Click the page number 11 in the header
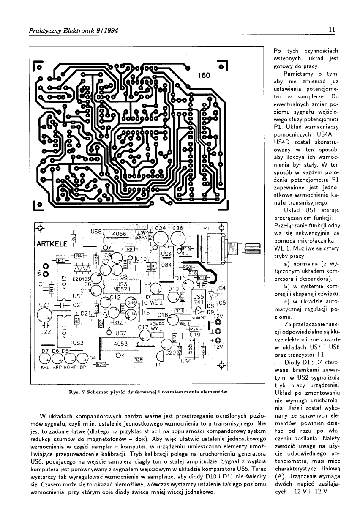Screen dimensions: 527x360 [332, 30]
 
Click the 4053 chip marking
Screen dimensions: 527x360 [121, 344]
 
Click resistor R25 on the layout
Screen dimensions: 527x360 [138, 360]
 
